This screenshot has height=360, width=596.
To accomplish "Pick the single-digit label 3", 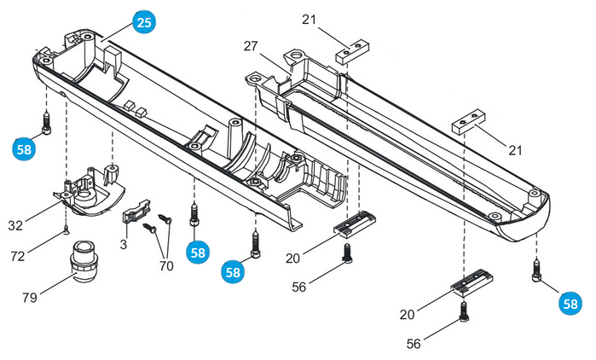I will [124, 245].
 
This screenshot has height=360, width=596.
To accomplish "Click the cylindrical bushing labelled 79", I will [84, 260].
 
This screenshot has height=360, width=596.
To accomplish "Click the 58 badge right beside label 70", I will [198, 252].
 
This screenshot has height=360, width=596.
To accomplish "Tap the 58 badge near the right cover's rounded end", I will [570, 302].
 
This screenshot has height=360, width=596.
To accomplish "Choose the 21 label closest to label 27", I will [308, 18].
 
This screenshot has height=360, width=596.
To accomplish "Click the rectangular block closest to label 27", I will [351, 55].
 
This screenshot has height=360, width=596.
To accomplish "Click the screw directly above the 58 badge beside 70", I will [196, 211].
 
